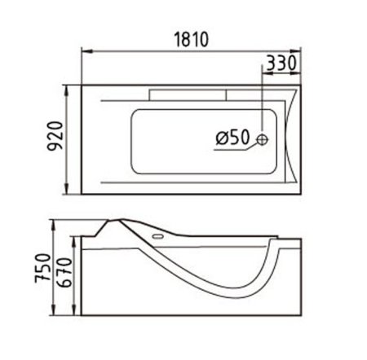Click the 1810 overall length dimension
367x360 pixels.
click(x=190, y=40)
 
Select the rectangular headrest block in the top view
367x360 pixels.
click(x=186, y=94)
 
